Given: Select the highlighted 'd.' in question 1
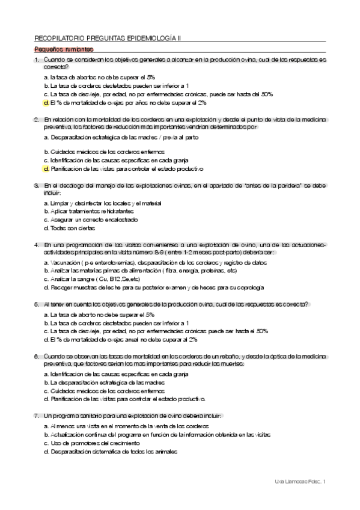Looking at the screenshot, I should tap(46, 103).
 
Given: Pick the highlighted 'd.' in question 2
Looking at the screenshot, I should tap(46, 169).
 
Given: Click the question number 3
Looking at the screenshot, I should tap(37, 186).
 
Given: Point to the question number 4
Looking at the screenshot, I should tap(37, 245).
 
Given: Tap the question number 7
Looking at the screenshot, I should tap(37, 416).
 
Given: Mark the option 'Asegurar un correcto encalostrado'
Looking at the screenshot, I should tap(88, 220).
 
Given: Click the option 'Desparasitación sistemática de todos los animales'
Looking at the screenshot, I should tap(114, 451).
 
